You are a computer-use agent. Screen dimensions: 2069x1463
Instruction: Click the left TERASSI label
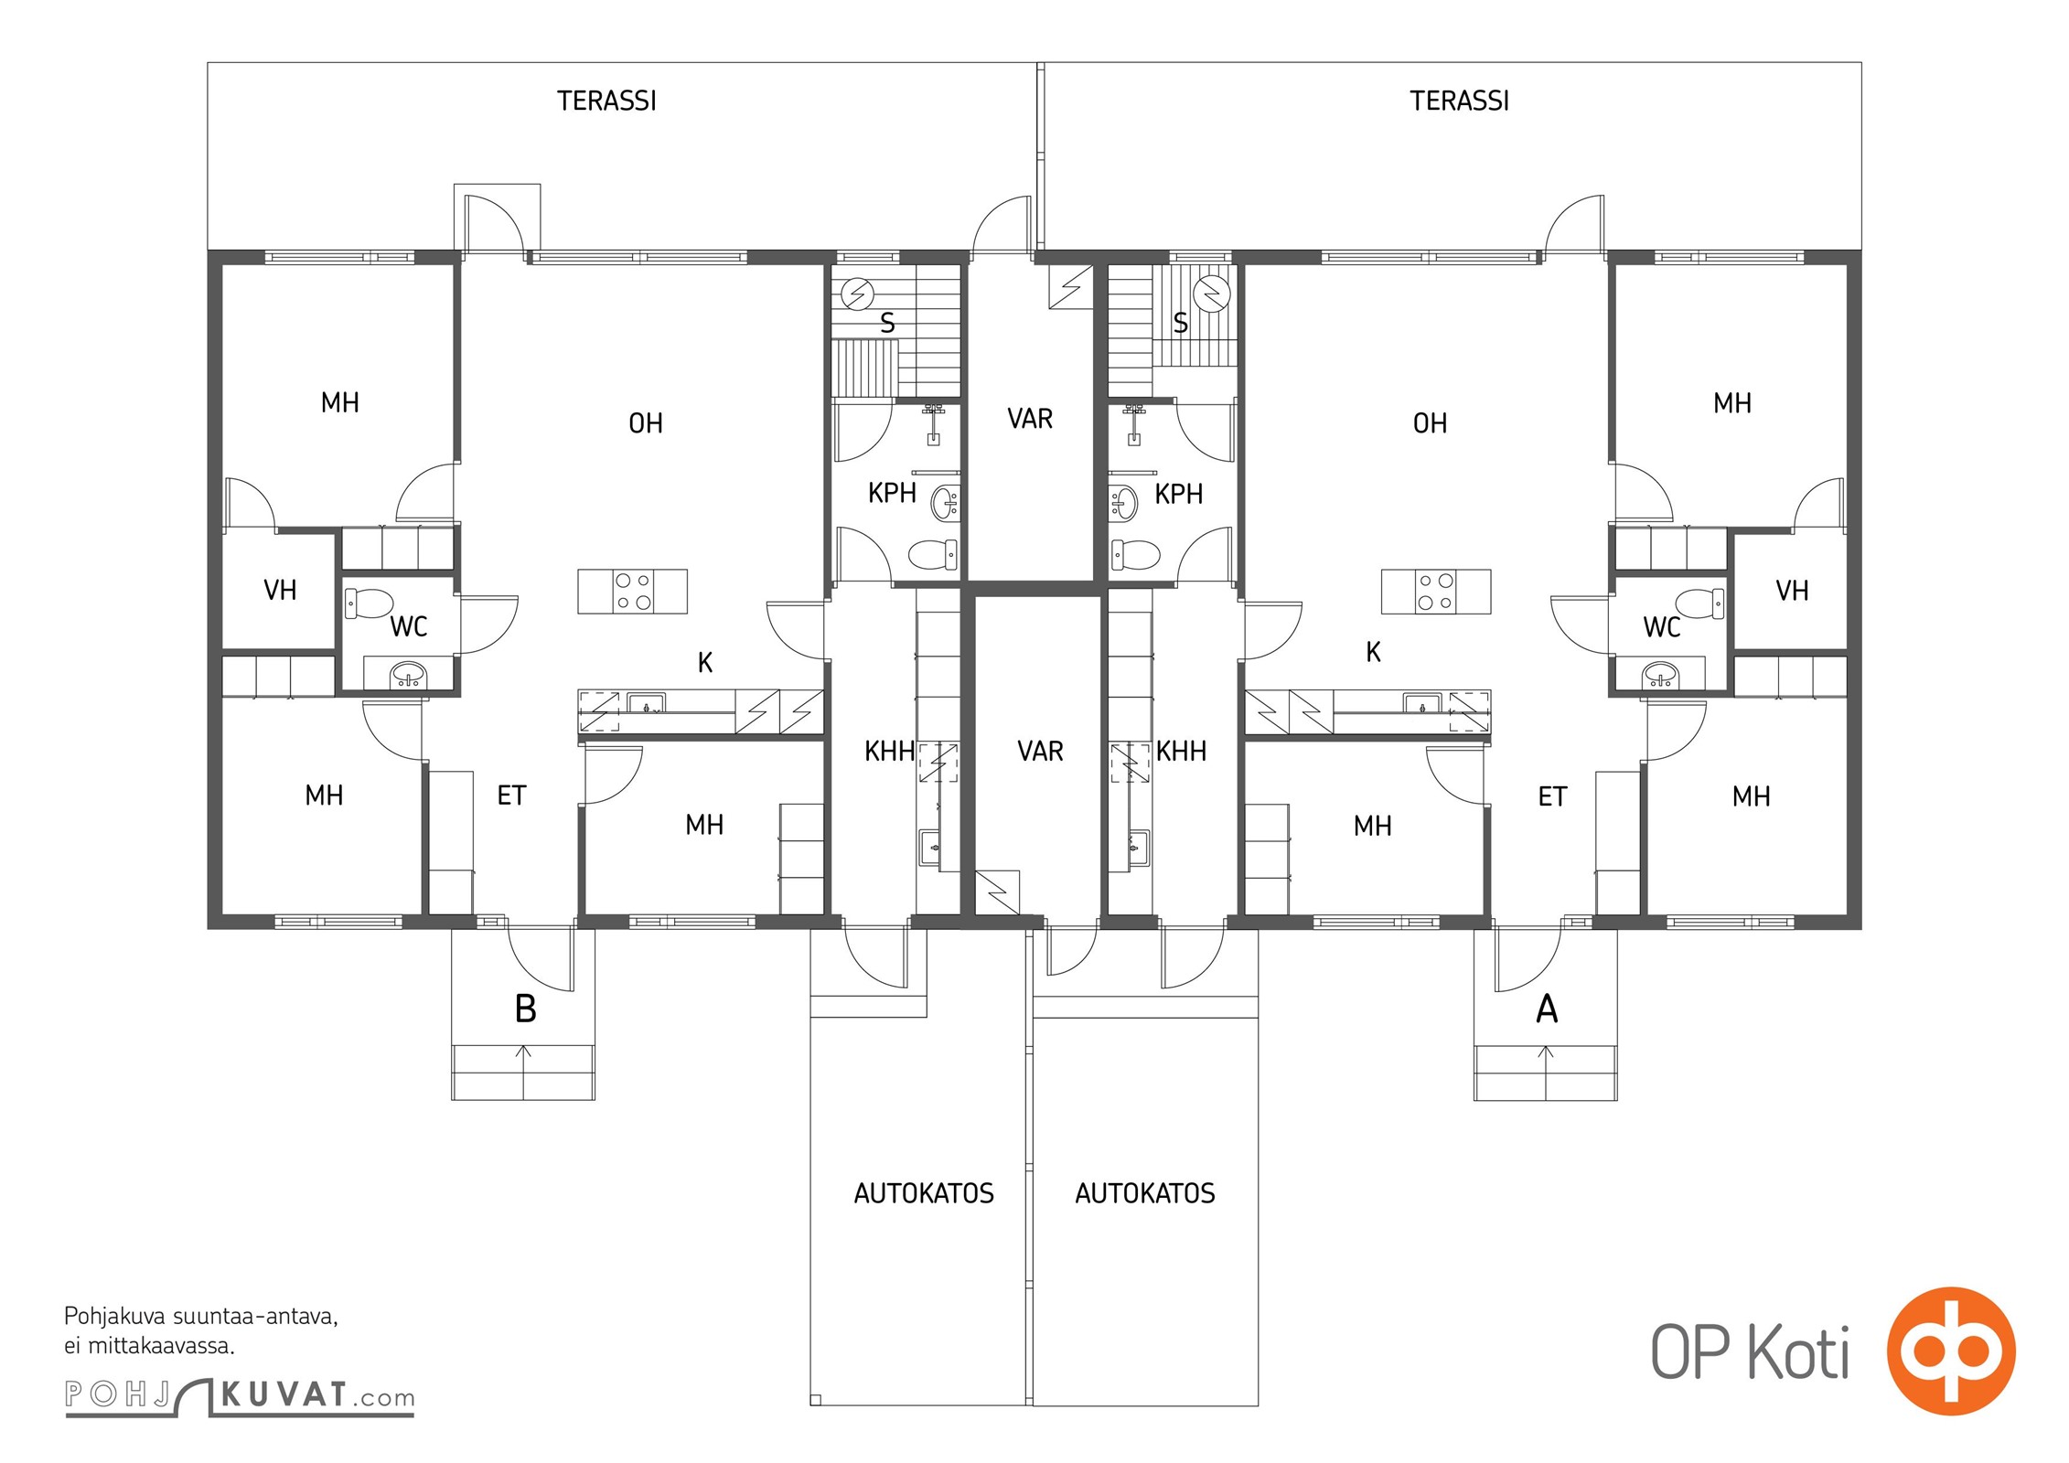pyautogui.click(x=606, y=101)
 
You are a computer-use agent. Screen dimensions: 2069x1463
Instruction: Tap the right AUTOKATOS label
pyautogui.click(x=1145, y=1193)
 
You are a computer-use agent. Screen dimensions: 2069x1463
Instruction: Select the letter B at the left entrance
pyautogui.click(x=525, y=1009)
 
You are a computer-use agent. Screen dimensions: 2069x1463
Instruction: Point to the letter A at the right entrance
pyautogui.click(x=1547, y=1009)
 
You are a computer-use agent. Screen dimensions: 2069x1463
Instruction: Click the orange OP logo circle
pyautogui.click(x=1951, y=1351)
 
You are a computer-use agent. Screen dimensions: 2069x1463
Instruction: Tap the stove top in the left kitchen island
pyautogui.click(x=633, y=591)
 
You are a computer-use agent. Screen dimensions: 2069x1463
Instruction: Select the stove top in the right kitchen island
pyautogui.click(x=1435, y=591)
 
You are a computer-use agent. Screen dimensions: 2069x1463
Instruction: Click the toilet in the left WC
pyautogui.click(x=369, y=603)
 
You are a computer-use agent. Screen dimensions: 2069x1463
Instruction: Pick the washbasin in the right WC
pyautogui.click(x=1660, y=676)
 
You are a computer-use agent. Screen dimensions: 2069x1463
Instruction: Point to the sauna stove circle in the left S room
pyautogui.click(x=857, y=294)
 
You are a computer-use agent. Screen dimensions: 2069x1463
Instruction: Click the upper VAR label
pyautogui.click(x=1030, y=419)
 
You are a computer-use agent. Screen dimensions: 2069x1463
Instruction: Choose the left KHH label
pyautogui.click(x=889, y=752)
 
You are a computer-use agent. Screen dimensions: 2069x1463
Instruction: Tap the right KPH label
pyautogui.click(x=1178, y=495)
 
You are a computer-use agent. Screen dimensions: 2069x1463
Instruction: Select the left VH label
pyautogui.click(x=280, y=591)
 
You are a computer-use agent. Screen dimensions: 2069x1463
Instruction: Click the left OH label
pyautogui.click(x=646, y=423)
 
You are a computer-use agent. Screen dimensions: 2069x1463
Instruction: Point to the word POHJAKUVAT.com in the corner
pyautogui.click(x=240, y=1395)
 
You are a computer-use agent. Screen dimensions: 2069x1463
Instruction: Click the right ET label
pyautogui.click(x=1552, y=797)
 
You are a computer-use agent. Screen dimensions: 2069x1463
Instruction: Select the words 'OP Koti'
pyautogui.click(x=1750, y=1352)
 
